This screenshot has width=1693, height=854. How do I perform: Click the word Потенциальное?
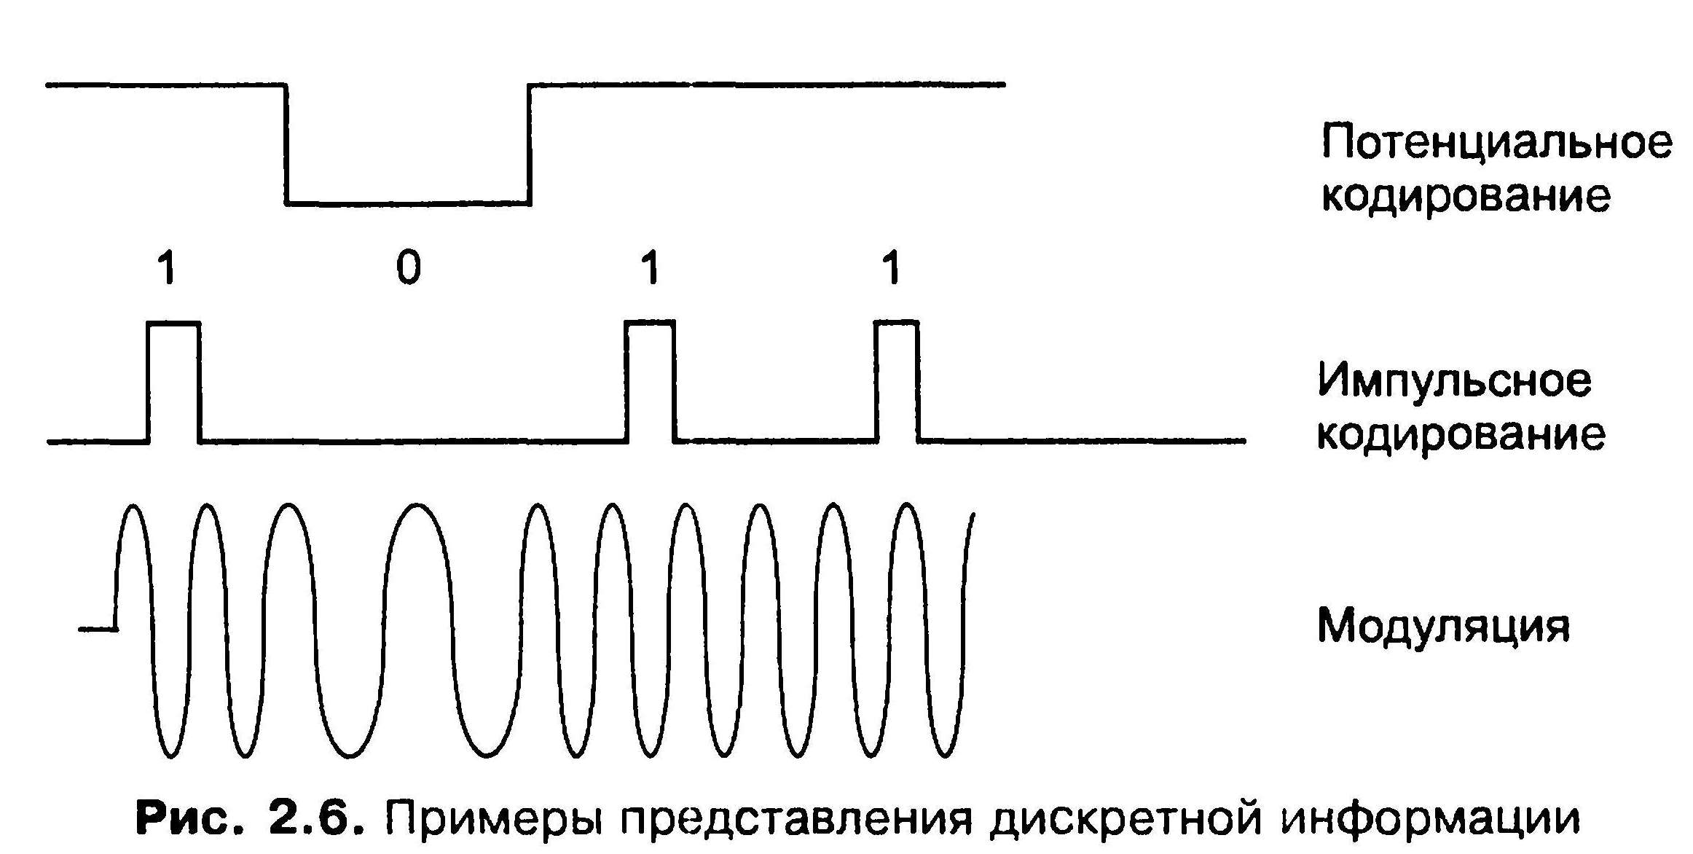(x=1496, y=142)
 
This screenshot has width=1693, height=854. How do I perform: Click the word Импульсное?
(x=1454, y=380)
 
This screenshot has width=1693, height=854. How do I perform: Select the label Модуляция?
(x=1443, y=625)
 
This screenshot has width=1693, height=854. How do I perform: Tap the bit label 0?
(x=409, y=267)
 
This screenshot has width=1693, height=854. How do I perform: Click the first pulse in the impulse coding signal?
(x=173, y=323)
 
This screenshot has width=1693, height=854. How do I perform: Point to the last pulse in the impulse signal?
(x=896, y=322)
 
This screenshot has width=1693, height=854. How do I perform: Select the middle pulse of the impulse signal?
(x=651, y=322)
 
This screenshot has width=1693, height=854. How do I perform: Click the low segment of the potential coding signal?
(x=408, y=203)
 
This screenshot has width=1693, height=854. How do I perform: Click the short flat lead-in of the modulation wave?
(x=97, y=628)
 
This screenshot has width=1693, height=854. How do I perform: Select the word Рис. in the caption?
(x=190, y=818)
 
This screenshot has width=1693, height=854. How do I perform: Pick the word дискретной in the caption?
(x=1126, y=818)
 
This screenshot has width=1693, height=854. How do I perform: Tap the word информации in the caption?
(x=1429, y=818)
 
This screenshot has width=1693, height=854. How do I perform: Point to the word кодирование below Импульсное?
(x=1461, y=435)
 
